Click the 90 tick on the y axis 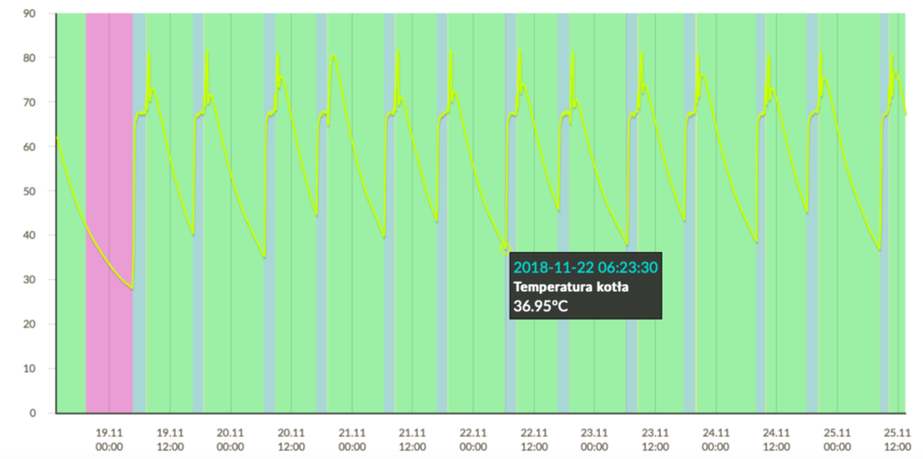[29, 14]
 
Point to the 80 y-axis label [29, 58]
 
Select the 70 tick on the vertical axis [29, 103]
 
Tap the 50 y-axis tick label [29, 191]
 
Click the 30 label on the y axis [29, 280]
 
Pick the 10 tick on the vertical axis [29, 368]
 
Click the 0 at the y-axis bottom [31, 413]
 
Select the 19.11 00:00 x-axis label [109, 439]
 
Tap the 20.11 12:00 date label [291, 439]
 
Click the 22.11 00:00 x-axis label [473, 439]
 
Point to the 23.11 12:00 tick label [655, 439]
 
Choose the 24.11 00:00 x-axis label [716, 439]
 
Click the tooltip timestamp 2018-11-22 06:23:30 [585, 268]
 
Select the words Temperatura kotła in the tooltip [571, 287]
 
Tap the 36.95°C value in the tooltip [541, 306]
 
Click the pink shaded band [109, 212]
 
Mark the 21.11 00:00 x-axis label [352, 439]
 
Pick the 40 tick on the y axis [29, 236]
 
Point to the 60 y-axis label [29, 147]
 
